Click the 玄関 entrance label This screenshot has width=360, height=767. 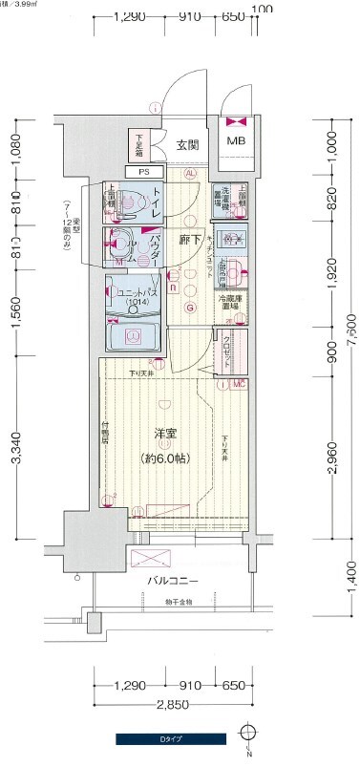pos(186,145)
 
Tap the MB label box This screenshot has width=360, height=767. pos(234,142)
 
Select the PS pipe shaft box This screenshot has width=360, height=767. pos(144,172)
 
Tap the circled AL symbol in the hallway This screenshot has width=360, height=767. pos(190,173)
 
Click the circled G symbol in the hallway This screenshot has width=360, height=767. pos(190,308)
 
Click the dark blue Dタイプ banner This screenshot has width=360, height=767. pos(171,738)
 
